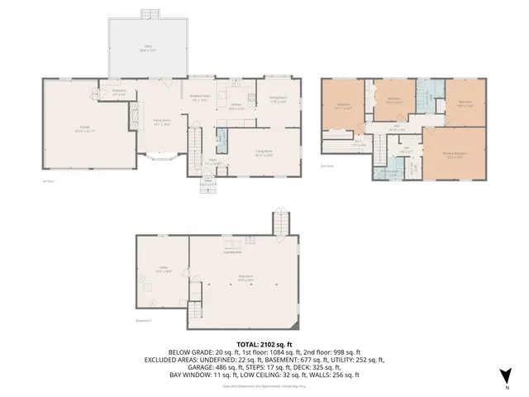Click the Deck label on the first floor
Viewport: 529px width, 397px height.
150,48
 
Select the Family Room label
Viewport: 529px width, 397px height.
160,122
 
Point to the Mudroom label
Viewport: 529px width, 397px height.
119,92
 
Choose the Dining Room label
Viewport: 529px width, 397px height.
277,100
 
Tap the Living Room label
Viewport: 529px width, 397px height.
264,153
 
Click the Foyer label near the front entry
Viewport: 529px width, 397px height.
212,161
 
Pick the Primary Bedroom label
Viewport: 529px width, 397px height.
455,155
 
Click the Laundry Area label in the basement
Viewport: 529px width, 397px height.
244,252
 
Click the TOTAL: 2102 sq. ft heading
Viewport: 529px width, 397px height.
264,342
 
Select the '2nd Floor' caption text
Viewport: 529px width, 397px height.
327,166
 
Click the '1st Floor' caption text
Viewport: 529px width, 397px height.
48,181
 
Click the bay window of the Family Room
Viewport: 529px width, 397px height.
161,158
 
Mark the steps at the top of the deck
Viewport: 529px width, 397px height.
150,13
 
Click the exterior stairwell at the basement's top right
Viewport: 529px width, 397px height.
282,223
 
